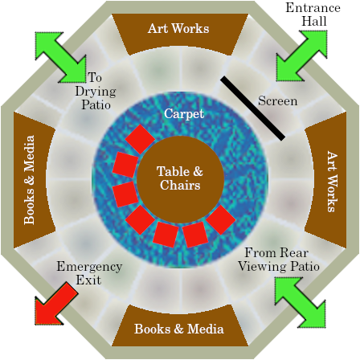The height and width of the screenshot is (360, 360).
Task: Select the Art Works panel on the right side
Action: point(325,179)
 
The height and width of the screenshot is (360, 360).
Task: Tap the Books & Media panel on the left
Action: point(35,179)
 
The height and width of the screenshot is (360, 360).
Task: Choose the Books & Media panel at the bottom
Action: point(179,326)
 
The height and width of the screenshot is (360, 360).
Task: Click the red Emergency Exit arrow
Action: point(56,303)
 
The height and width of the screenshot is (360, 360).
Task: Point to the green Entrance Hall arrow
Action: point(302,55)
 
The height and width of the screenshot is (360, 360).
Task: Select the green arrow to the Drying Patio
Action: point(60,57)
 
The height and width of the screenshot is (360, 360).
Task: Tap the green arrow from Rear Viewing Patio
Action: point(301,303)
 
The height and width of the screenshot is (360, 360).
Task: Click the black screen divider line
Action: point(252,108)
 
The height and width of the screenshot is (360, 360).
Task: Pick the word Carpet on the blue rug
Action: point(184,113)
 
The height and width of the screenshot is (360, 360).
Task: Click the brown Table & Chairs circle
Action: point(180,179)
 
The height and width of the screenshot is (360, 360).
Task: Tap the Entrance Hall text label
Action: point(313,14)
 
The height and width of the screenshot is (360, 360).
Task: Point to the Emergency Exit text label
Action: point(89,273)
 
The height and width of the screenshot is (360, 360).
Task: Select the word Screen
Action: point(278,101)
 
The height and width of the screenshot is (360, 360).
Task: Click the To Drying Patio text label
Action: point(96,91)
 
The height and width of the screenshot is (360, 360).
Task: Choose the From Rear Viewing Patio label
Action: point(279,260)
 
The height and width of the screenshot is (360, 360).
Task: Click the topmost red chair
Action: point(140,139)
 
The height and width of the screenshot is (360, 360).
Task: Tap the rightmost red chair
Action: point(221,220)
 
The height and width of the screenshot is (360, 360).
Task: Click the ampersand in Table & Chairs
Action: point(197,172)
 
